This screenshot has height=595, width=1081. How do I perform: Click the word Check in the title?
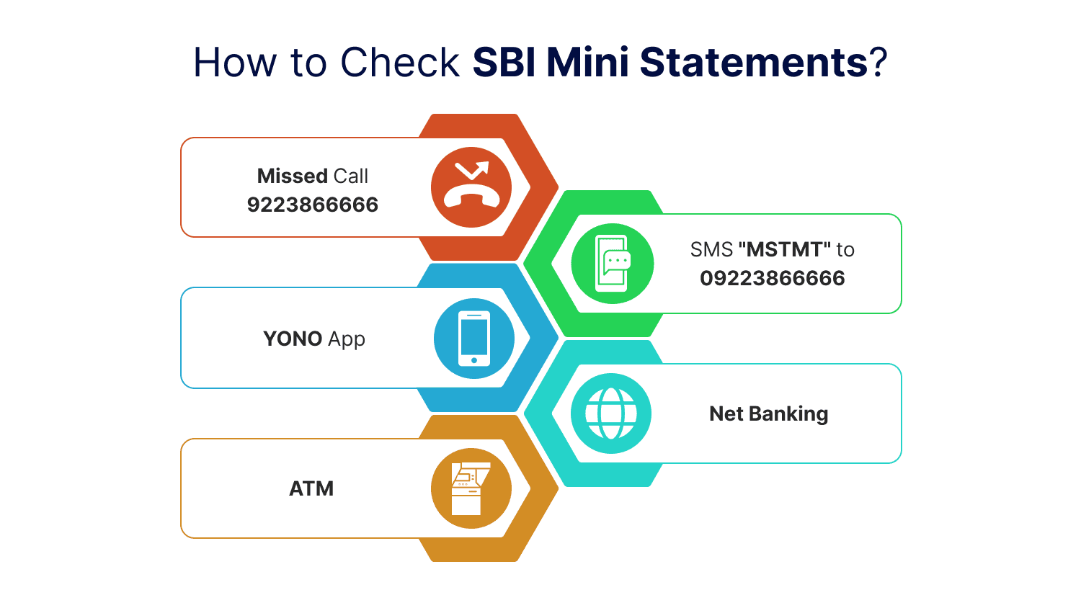[400, 63]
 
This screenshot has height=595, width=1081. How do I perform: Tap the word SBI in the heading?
[504, 63]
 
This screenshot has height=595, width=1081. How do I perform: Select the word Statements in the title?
[753, 63]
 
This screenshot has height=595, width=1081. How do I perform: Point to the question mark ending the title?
[878, 63]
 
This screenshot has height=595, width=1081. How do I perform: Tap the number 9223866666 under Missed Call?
[313, 205]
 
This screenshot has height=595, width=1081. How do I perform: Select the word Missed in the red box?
[293, 176]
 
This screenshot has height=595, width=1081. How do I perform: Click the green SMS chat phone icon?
[613, 264]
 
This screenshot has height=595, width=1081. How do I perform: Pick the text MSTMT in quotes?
[784, 250]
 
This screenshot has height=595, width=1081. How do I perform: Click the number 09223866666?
[773, 278]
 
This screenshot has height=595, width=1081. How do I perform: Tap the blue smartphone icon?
[474, 339]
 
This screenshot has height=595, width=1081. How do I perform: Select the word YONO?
[293, 339]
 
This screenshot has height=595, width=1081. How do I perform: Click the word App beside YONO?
[347, 339]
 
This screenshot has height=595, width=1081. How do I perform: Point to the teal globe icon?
[611, 413]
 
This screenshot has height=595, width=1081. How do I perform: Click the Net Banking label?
[769, 413]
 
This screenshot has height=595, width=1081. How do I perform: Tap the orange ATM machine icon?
[471, 488]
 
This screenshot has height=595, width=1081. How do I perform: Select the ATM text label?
[311, 488]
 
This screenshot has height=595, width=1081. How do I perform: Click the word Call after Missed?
[351, 176]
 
